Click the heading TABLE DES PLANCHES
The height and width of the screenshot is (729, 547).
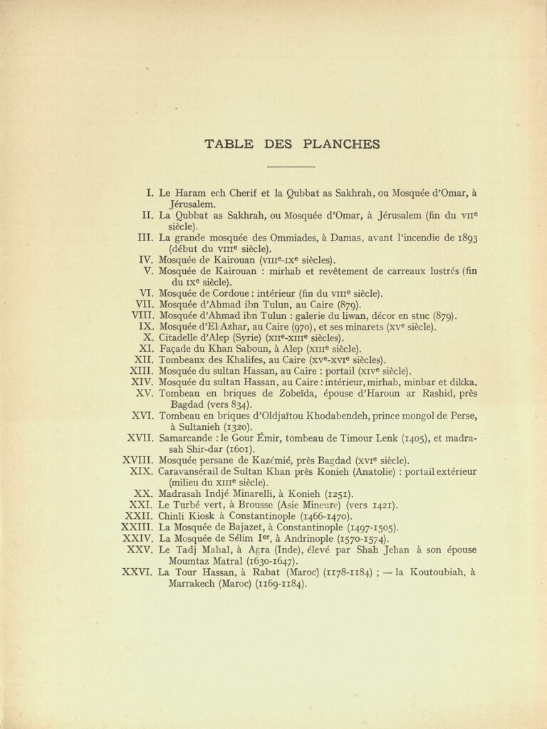pyautogui.click(x=291, y=145)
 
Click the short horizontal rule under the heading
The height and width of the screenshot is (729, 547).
pyautogui.click(x=291, y=167)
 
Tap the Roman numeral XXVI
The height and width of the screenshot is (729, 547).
pyautogui.click(x=137, y=572)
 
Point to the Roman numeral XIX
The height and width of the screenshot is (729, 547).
pyautogui.click(x=142, y=471)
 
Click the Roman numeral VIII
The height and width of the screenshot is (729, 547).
pyautogui.click(x=142, y=315)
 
